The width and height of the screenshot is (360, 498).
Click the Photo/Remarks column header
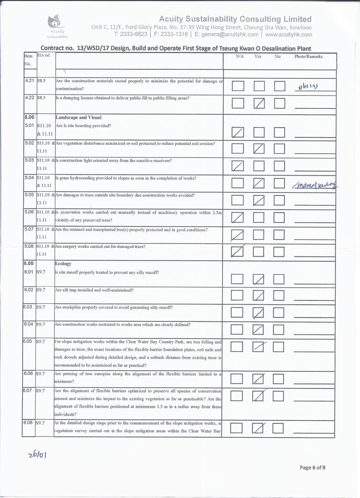(x=308, y=57)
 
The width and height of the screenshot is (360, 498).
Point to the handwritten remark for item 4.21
(x=306, y=86)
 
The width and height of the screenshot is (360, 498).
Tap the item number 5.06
(x=29, y=212)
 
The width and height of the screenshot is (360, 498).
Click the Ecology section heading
(x=63, y=263)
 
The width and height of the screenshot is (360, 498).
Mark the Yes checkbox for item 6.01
(x=259, y=279)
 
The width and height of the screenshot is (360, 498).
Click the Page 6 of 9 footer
(x=313, y=467)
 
